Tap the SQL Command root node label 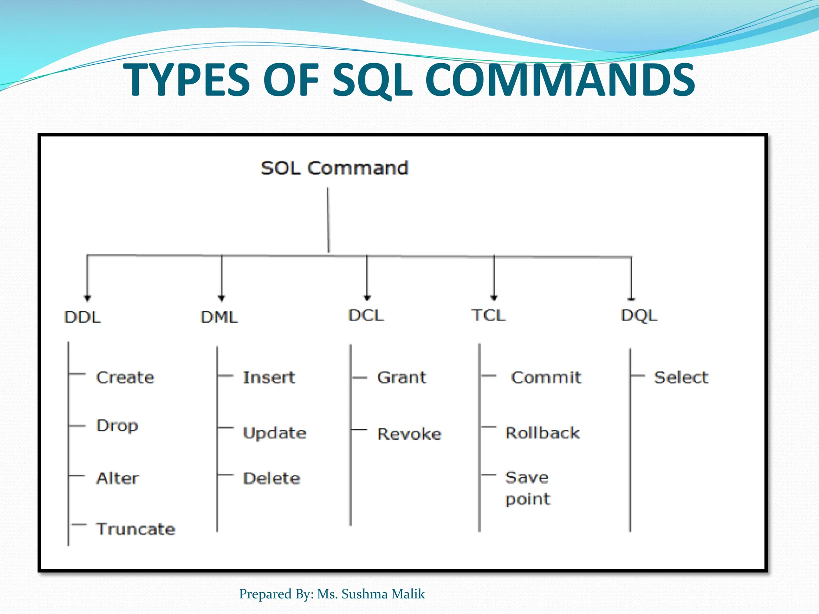pyautogui.click(x=334, y=168)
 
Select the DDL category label pyautogui.click(x=82, y=317)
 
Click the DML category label pyautogui.click(x=219, y=317)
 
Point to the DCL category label pyautogui.click(x=366, y=315)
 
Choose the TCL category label pyautogui.click(x=488, y=315)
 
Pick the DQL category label pyautogui.click(x=639, y=315)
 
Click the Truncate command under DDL pyautogui.click(x=136, y=529)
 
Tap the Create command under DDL pyautogui.click(x=125, y=377)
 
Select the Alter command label pyautogui.click(x=118, y=478)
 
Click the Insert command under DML pyautogui.click(x=269, y=377)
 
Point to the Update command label pyautogui.click(x=275, y=433)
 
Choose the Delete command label pyautogui.click(x=272, y=478)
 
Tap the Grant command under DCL pyautogui.click(x=402, y=377)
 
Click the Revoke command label pyautogui.click(x=409, y=434)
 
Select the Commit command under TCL pyautogui.click(x=546, y=377)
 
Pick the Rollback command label pyautogui.click(x=543, y=433)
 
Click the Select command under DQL pyautogui.click(x=681, y=377)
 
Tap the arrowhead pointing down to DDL pyautogui.click(x=88, y=298)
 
